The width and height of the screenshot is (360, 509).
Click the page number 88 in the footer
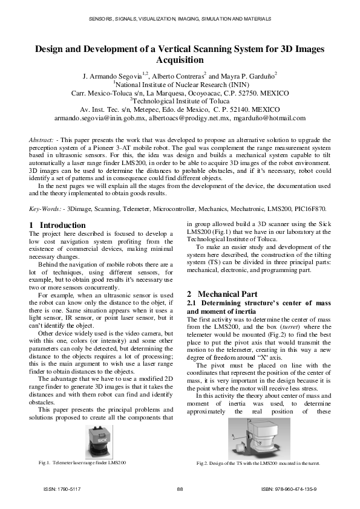point(180,488)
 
